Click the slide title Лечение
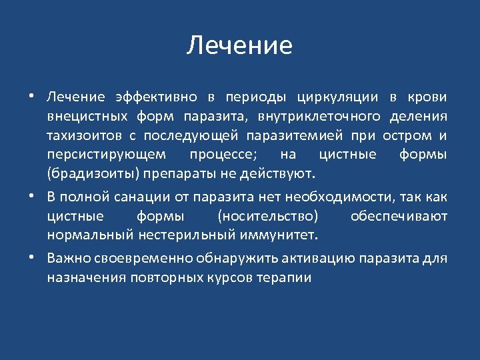[x=239, y=45]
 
